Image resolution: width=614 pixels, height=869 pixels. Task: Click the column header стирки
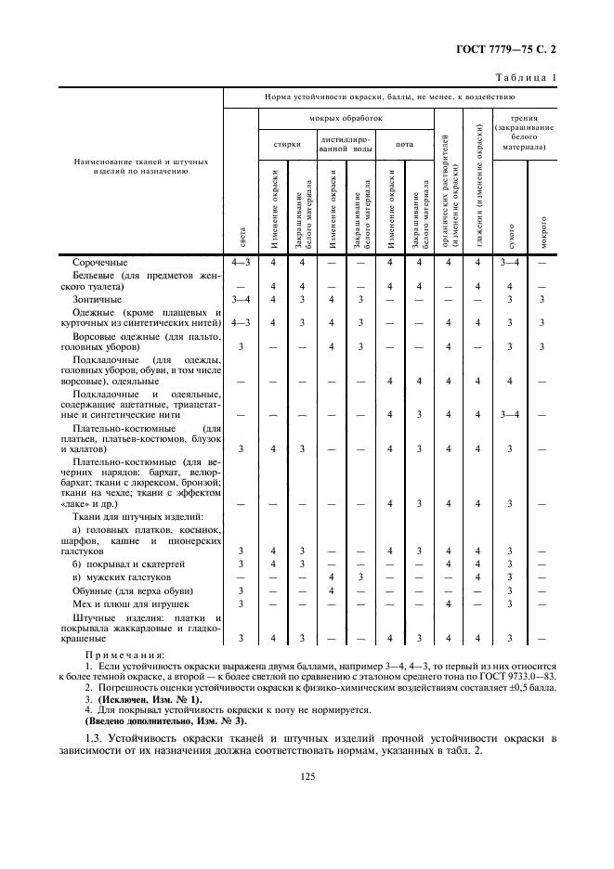click(286, 144)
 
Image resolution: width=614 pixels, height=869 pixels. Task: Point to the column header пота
click(405, 144)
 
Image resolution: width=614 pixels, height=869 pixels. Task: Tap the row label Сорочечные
click(100, 263)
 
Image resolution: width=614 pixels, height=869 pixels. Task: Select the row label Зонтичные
click(98, 300)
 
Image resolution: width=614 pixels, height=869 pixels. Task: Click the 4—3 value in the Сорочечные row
click(241, 263)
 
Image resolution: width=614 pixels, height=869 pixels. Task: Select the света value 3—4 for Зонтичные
click(241, 300)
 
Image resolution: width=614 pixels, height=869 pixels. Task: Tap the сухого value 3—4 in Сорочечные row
click(509, 263)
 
